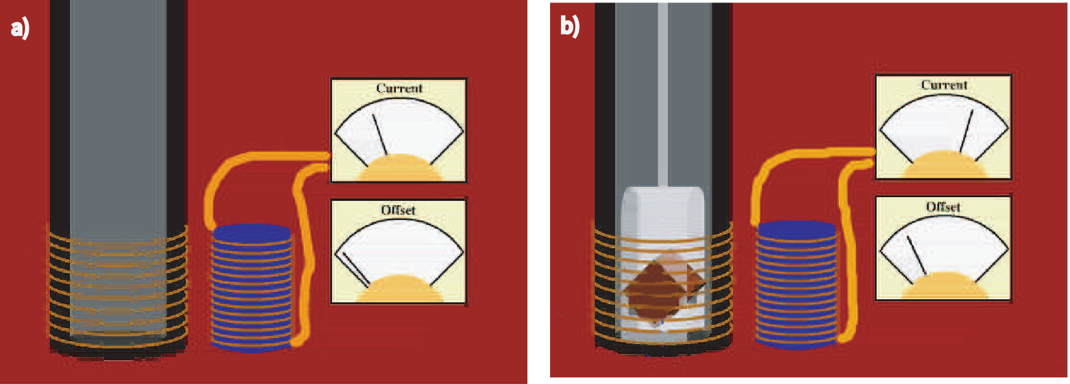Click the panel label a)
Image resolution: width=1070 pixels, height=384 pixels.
(x=20, y=28)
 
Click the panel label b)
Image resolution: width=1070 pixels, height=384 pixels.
(x=569, y=26)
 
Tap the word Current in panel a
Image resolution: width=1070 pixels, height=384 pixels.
(x=399, y=88)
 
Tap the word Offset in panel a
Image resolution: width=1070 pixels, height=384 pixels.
(x=398, y=210)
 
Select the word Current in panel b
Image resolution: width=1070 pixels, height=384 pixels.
(x=944, y=85)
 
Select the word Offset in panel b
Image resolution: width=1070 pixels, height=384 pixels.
(x=943, y=207)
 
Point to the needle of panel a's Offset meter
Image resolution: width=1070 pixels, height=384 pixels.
(x=356, y=269)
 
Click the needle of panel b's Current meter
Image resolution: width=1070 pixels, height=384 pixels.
(x=966, y=130)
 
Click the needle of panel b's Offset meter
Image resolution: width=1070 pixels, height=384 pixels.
(x=916, y=255)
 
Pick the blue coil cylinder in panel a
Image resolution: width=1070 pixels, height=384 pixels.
(x=252, y=289)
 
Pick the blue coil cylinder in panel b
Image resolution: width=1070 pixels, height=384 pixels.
(x=796, y=286)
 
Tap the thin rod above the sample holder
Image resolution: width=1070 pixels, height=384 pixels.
(x=662, y=92)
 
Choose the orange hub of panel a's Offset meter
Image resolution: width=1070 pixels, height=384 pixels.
(x=400, y=290)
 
